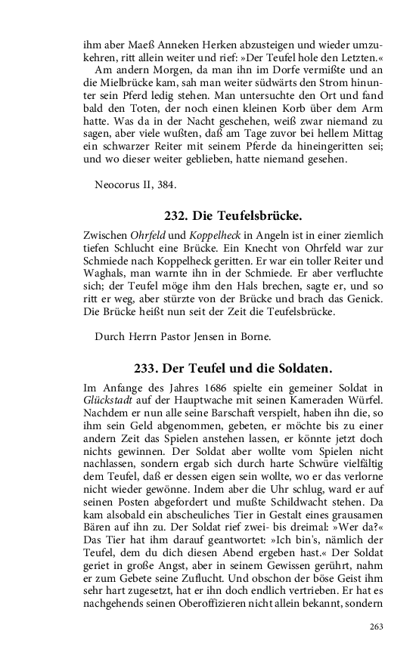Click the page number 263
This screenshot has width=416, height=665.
pyautogui.click(x=377, y=626)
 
